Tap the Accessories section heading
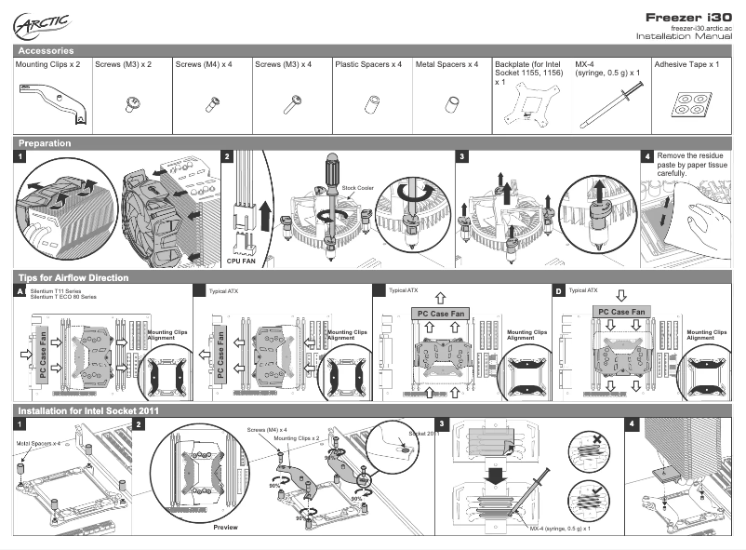pos(47,50)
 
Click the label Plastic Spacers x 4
pos(368,65)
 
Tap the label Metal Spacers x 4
pos(446,65)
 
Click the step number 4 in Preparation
pos(647,157)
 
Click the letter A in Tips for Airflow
pos(21,292)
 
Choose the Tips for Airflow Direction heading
pos(73,278)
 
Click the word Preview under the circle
pos(226,527)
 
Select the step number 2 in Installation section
pos(140,424)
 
